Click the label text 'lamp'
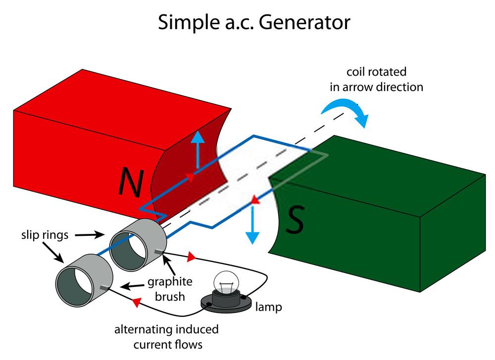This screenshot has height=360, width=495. [269, 307]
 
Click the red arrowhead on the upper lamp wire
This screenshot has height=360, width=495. [192, 257]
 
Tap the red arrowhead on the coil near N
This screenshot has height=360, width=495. [190, 176]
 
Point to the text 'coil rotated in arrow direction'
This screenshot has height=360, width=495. [377, 79]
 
